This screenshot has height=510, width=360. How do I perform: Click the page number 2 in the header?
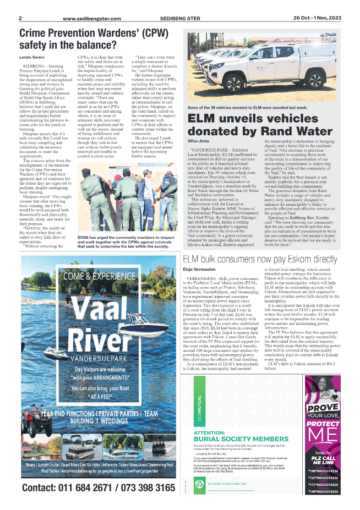(x=21, y=19)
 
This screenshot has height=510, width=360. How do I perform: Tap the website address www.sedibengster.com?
(x=92, y=19)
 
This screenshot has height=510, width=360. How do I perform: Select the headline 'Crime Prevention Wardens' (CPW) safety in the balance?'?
(x=94, y=39)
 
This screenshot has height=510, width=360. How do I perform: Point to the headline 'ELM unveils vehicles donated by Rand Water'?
(x=260, y=124)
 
